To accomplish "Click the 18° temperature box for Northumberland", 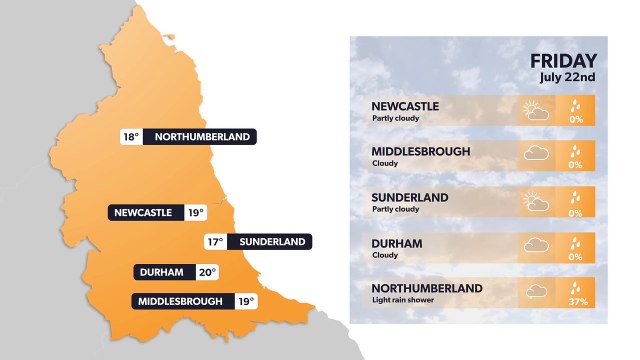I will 130,137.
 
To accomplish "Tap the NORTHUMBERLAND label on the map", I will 201,137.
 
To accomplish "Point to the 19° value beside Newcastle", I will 195,212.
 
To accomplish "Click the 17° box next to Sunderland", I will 214,242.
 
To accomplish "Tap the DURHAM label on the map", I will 162,272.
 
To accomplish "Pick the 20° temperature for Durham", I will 206,272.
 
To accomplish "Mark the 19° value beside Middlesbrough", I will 246,301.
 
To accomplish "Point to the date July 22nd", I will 568,77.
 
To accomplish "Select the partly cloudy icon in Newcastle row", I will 536,110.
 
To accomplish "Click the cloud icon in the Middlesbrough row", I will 536,154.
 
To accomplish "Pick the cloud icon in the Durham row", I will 536,246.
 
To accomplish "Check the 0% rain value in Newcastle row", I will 575,119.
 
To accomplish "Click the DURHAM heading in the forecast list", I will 397,243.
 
